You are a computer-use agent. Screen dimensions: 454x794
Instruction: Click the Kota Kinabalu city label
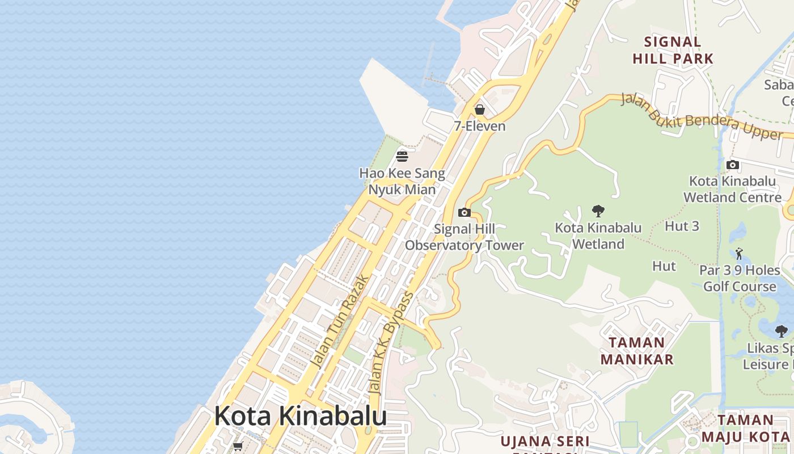pyautogui.click(x=300, y=416)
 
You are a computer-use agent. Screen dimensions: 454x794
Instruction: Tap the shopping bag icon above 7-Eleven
pyautogui.click(x=480, y=110)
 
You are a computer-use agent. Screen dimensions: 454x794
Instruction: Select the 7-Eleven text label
pyautogui.click(x=480, y=126)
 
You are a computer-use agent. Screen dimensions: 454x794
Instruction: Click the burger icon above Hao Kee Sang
pyautogui.click(x=402, y=156)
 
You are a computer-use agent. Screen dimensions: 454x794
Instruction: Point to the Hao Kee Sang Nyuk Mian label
pyautogui.click(x=402, y=181)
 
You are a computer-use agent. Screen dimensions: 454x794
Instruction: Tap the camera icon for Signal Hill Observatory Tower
pyautogui.click(x=464, y=213)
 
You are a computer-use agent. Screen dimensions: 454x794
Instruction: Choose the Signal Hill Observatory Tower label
pyautogui.click(x=464, y=237)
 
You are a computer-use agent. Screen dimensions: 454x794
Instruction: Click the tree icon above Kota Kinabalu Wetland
pyautogui.click(x=598, y=212)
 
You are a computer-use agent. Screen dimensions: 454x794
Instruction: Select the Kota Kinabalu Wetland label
pyautogui.click(x=598, y=236)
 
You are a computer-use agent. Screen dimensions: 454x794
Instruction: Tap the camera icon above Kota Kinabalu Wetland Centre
pyautogui.click(x=733, y=165)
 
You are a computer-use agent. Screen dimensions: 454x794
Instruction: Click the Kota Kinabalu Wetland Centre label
pyautogui.click(x=733, y=190)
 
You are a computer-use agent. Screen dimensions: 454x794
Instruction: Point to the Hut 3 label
pyautogui.click(x=682, y=226)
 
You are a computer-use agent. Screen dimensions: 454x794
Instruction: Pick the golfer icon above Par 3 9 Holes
pyautogui.click(x=739, y=254)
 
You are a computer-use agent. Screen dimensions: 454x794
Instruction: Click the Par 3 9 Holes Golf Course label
pyautogui.click(x=740, y=278)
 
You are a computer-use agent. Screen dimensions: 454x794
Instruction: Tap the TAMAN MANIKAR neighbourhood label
pyautogui.click(x=637, y=351)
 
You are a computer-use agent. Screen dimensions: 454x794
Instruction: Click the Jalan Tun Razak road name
pyautogui.click(x=340, y=322)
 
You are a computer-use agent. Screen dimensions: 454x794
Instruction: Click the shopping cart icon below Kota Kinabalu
pyautogui.click(x=238, y=447)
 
